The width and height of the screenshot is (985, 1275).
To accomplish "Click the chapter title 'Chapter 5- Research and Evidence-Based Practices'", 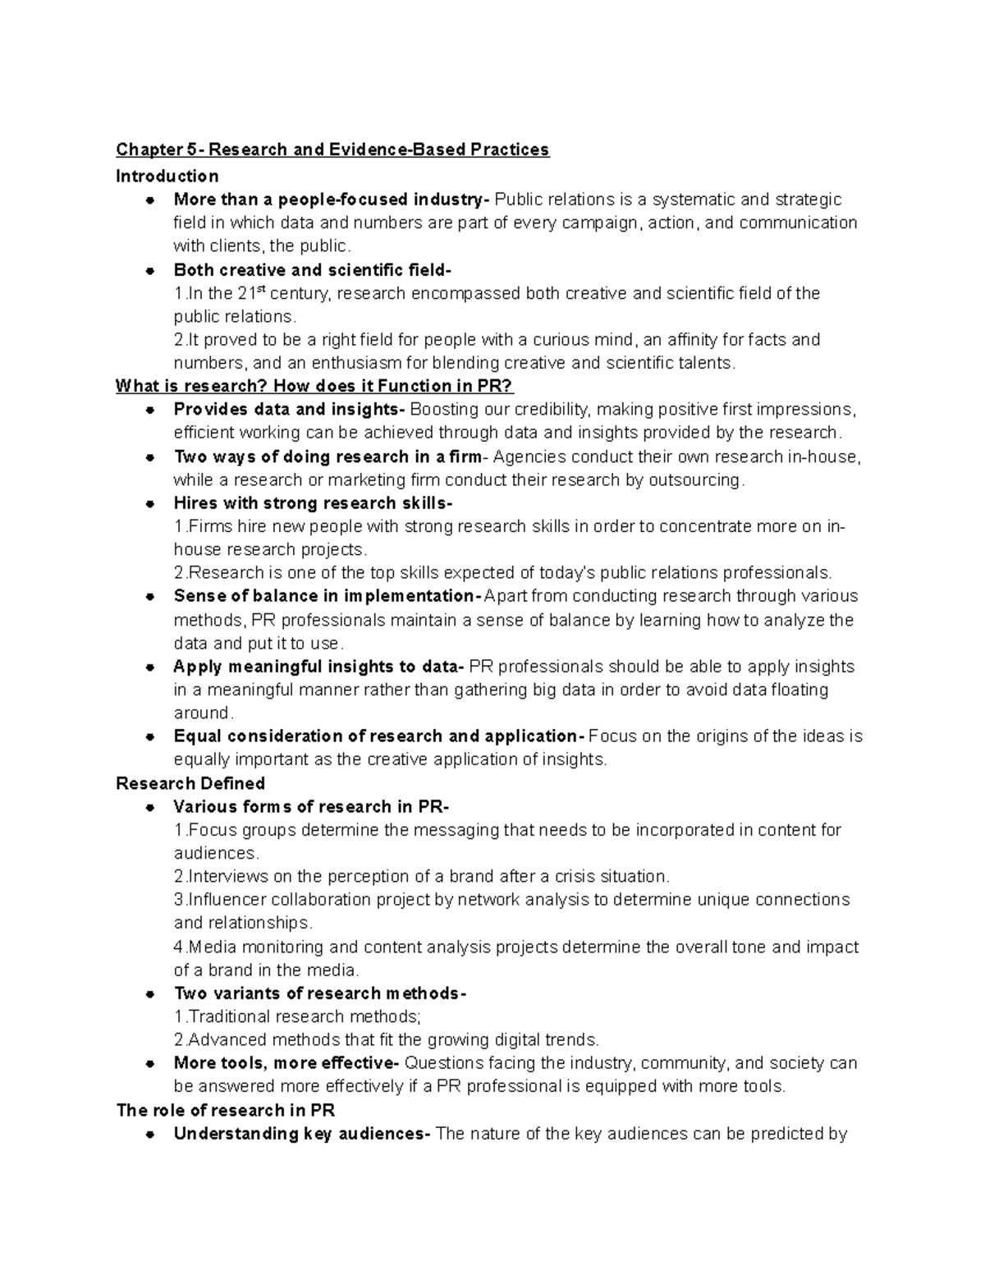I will (x=332, y=149).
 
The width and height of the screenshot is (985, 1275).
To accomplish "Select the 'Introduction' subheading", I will (x=167, y=177).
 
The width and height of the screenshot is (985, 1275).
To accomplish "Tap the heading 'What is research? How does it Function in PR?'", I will (x=314, y=386).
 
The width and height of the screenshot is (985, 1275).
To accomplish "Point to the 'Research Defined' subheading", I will (x=190, y=783).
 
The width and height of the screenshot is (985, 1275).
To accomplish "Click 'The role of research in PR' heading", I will (x=226, y=1111).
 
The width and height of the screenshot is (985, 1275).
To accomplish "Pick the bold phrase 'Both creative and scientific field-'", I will (x=312, y=270).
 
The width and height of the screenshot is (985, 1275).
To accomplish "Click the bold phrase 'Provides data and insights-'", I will (x=289, y=410).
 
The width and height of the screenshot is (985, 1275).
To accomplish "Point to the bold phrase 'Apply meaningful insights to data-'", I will (x=318, y=667).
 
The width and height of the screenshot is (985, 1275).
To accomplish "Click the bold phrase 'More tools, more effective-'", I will (x=286, y=1063).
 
